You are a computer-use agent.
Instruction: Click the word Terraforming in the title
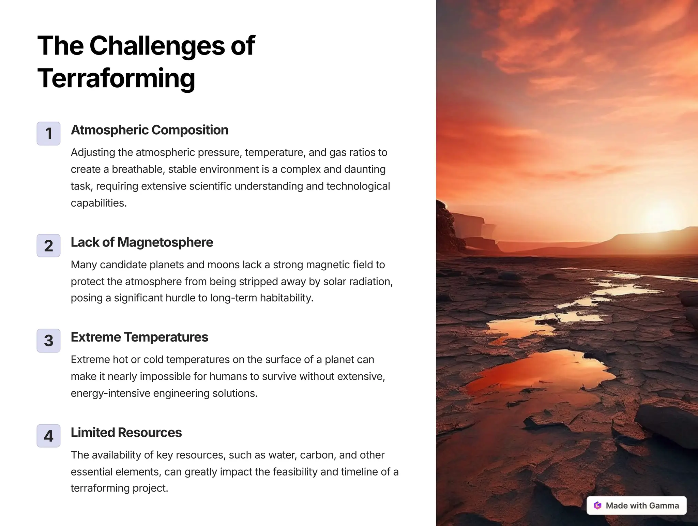coord(116,78)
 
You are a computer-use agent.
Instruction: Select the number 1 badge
coord(48,133)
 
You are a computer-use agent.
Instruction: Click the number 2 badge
coord(48,245)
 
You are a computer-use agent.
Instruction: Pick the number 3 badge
coord(48,341)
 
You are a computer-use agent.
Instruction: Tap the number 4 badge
coord(48,436)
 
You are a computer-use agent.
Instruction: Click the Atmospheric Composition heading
coord(149,130)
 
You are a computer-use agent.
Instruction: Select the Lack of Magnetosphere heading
coord(142,242)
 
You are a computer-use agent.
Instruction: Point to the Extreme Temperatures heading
coord(139,337)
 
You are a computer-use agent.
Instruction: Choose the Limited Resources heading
coord(126,432)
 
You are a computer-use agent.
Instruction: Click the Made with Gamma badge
coord(636,505)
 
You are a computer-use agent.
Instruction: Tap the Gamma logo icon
coord(597,505)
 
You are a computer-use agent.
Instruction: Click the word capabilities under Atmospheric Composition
coord(98,203)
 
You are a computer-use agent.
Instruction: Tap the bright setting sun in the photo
coord(659,213)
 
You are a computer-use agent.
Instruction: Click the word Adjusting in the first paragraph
coord(93,152)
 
